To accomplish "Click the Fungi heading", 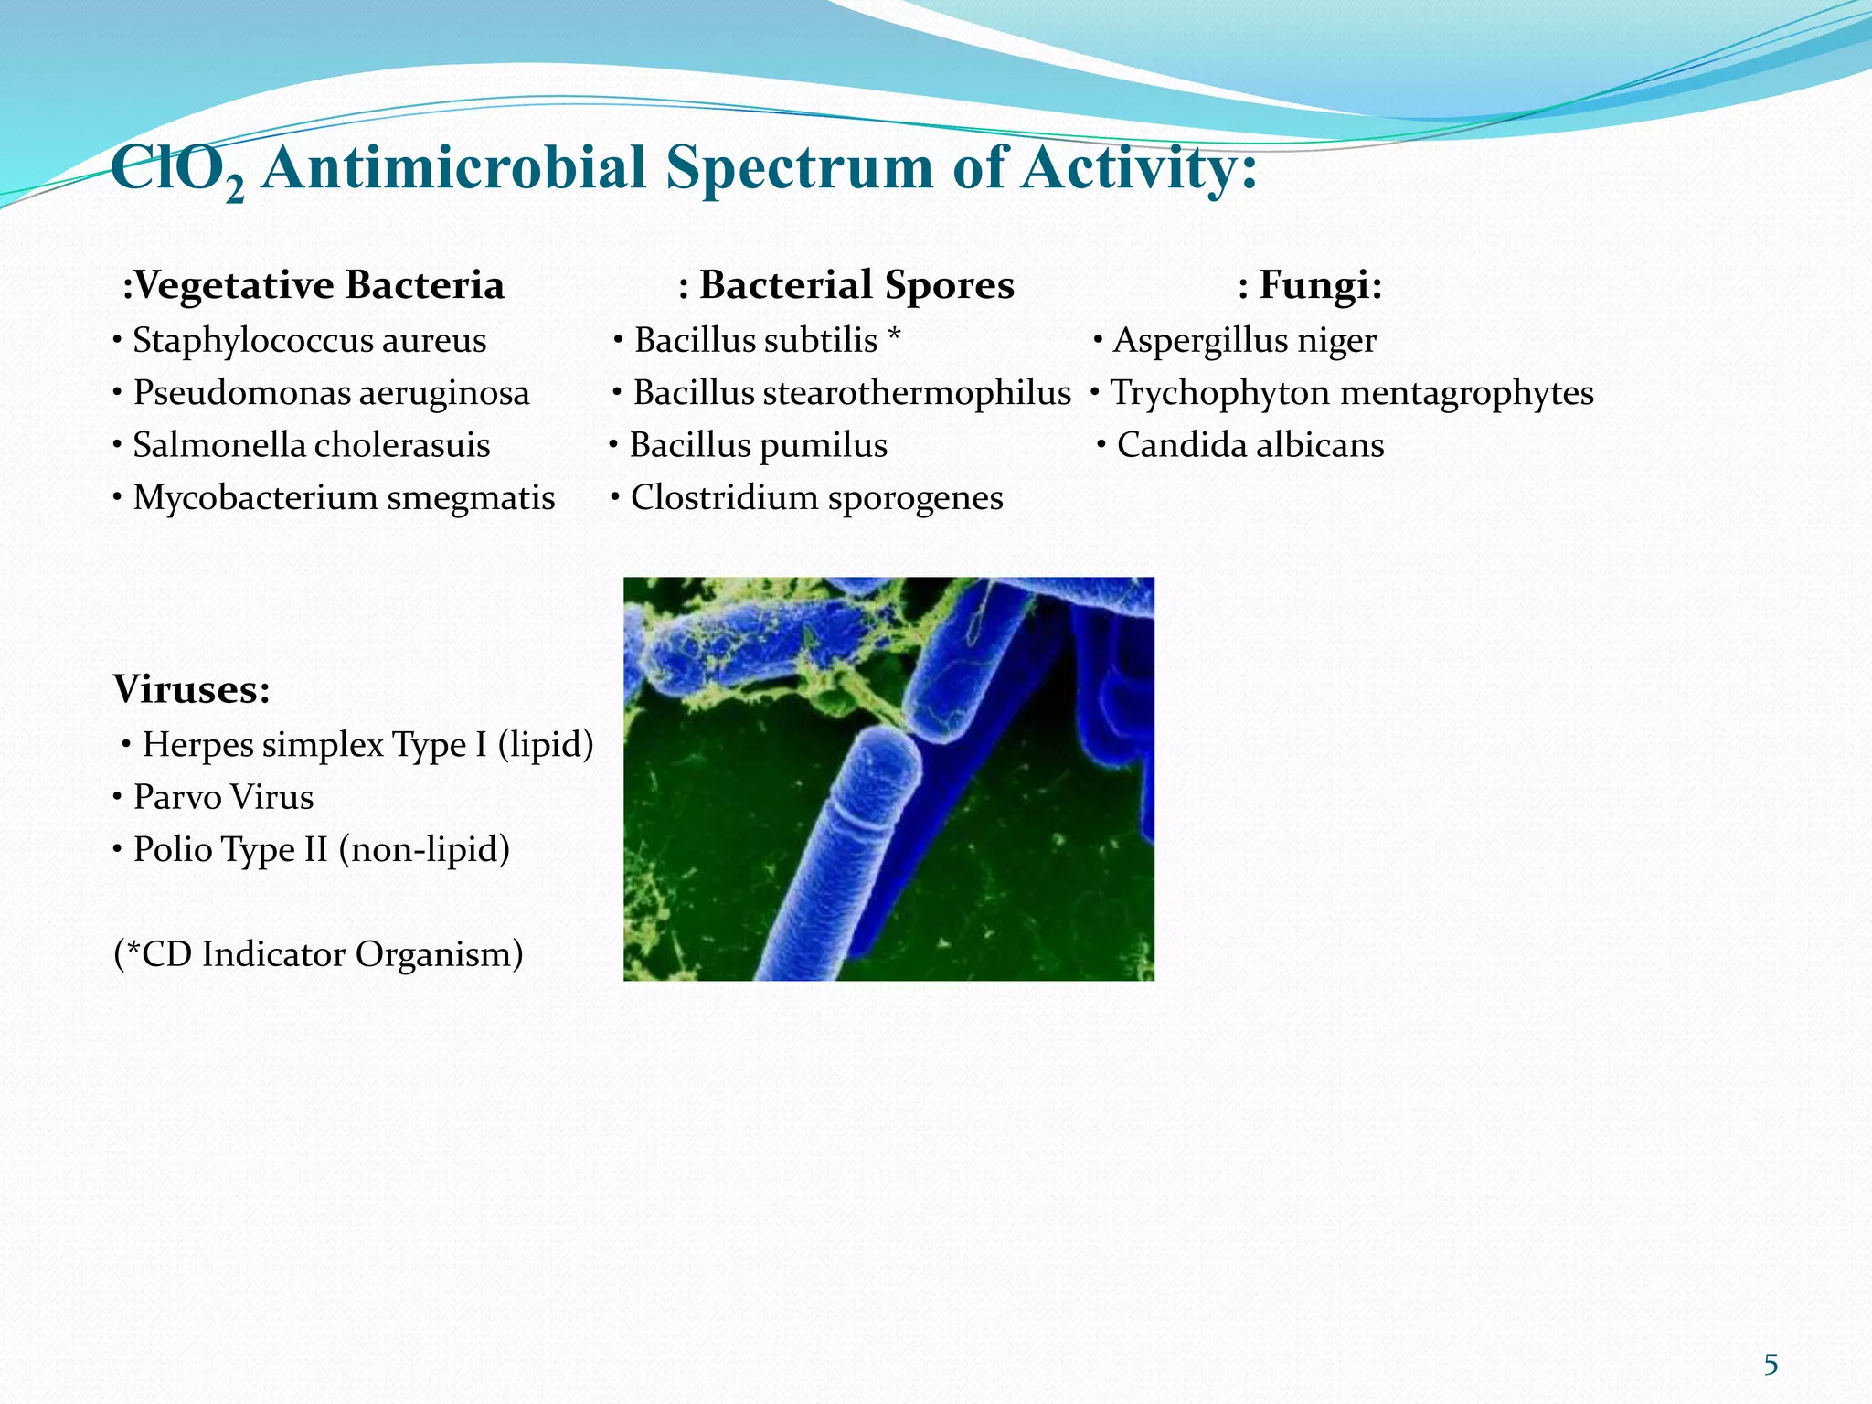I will (1310, 285).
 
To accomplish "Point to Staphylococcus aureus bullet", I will (309, 341).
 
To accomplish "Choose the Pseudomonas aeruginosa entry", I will (331, 393).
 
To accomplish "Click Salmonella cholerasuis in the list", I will (311, 446).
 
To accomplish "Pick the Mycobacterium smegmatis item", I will (344, 498).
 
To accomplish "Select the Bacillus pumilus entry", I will (758, 446).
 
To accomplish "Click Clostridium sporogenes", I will (816, 498).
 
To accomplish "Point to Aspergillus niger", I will (1244, 341).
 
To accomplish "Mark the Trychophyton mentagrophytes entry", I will (1351, 393).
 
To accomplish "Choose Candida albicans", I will (1250, 446).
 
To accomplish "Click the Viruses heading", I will (192, 689).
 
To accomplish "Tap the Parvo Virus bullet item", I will (223, 797).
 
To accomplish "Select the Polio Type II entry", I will (321, 850).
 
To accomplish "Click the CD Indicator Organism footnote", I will (318, 954).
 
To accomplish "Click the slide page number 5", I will (1771, 1365).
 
